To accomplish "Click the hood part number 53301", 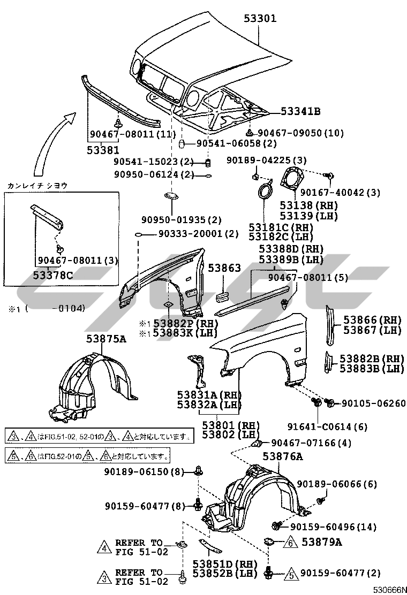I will [260, 19].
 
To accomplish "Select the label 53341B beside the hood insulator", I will [300, 111].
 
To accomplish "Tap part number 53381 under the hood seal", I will [103, 150].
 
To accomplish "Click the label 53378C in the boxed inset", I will [54, 275].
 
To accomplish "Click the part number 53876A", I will [282, 456].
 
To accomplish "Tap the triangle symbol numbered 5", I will [291, 573].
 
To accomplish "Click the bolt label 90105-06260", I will [373, 403].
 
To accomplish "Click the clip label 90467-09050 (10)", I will [300, 133].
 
